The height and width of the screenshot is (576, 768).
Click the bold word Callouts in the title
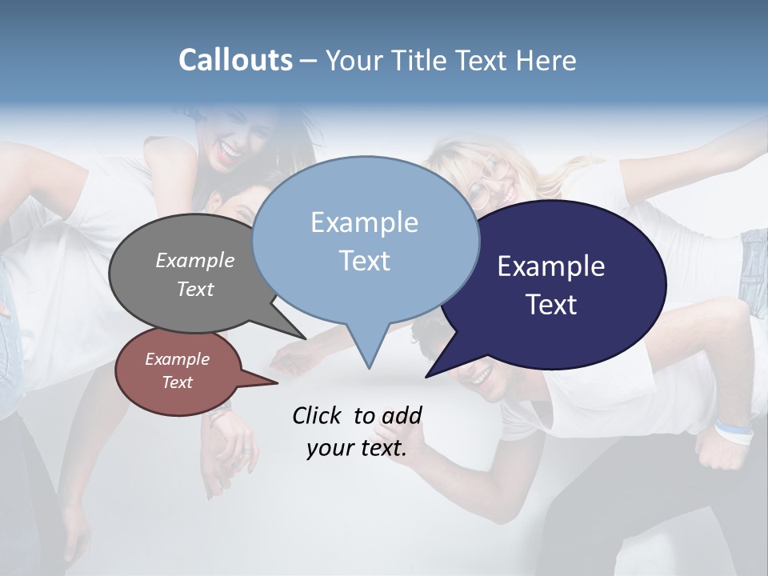coord(235,60)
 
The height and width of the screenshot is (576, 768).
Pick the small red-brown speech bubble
coord(177,371)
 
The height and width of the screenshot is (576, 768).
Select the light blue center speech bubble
coord(366,240)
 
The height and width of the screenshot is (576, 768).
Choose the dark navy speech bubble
coord(560,284)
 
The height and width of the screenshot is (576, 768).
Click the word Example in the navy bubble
coord(551,266)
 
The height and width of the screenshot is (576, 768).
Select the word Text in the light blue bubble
coord(365,261)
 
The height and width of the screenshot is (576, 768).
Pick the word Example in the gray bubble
coord(195,260)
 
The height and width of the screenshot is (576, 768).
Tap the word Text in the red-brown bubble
coord(177,382)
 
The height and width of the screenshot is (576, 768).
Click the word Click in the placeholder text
coord(318,415)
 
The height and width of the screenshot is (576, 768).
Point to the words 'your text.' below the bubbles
coord(357,448)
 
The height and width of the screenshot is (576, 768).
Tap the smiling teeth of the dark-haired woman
coord(230,150)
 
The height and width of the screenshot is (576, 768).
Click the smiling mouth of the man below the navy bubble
coord(481,374)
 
